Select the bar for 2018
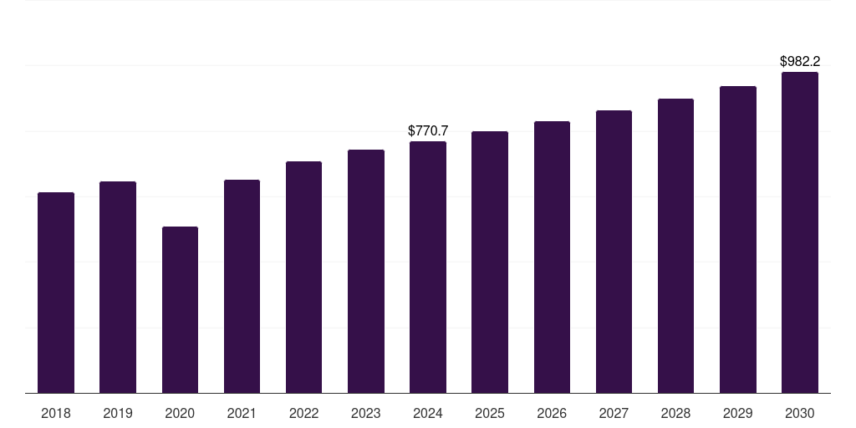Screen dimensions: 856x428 tap(56, 293)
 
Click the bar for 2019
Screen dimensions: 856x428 tap(118, 288)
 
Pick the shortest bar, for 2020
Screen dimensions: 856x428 tap(181, 309)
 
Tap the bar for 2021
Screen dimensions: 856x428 tap(242, 286)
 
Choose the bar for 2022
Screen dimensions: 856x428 tap(303, 278)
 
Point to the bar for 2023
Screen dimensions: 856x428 tap(366, 272)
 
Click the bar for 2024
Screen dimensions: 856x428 tap(428, 267)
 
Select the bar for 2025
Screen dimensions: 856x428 tap(490, 262)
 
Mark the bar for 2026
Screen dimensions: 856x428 tap(552, 257)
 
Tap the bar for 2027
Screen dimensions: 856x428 tap(614, 252)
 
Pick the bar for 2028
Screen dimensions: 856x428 tap(675, 246)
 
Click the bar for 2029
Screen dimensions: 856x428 tap(738, 240)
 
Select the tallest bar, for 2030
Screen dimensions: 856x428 tap(800, 232)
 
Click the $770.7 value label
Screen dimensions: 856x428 tap(428, 131)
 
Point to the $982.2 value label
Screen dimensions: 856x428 tap(800, 61)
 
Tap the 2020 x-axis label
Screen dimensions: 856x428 tap(181, 413)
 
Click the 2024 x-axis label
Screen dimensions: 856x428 tap(428, 413)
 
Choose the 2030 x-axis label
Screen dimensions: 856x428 tap(800, 413)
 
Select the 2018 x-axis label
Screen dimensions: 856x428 tap(56, 413)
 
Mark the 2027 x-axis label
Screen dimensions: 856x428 tap(614, 413)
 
